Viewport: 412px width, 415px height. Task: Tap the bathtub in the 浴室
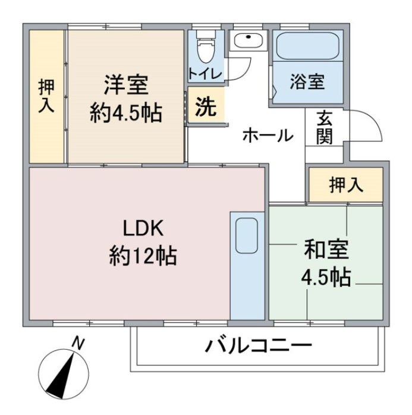(x=307, y=46)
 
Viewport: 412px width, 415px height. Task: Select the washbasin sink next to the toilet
(x=248, y=40)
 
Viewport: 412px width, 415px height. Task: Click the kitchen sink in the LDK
(x=246, y=235)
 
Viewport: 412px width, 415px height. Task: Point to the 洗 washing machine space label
(x=206, y=107)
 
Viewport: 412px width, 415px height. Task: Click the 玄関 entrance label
(x=324, y=127)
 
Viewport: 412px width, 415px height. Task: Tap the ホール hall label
(x=268, y=135)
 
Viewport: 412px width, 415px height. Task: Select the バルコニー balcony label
(x=259, y=346)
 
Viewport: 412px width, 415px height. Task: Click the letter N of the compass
(x=78, y=344)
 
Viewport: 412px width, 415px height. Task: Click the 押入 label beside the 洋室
(x=46, y=96)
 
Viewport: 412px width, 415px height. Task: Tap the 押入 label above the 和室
(x=346, y=185)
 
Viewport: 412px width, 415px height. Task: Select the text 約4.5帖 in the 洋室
(x=126, y=114)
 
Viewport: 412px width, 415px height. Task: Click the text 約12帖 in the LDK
(x=143, y=256)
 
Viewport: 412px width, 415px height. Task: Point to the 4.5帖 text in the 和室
(x=326, y=277)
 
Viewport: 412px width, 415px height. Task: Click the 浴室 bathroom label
(x=307, y=81)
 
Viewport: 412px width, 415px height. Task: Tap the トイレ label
(x=205, y=74)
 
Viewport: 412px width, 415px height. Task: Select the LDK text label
(x=143, y=229)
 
